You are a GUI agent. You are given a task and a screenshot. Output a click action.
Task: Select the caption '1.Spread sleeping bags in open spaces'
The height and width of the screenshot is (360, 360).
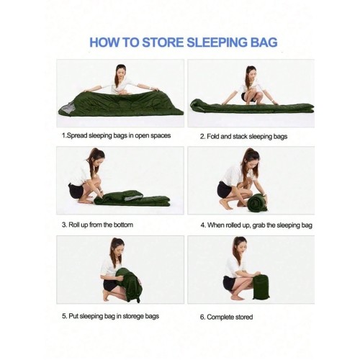tap(116, 135)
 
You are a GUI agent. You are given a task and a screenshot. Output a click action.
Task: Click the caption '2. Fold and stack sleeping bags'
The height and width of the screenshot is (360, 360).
tap(243, 135)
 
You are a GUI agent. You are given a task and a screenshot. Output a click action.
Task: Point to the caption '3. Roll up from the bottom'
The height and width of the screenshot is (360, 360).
tap(96, 225)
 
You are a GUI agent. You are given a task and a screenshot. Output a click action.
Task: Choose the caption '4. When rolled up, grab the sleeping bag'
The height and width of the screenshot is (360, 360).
tap(256, 225)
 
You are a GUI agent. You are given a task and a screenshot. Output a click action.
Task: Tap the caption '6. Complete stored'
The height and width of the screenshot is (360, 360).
tap(226, 316)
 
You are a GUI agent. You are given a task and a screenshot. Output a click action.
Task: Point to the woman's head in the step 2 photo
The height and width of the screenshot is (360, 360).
tap(250, 73)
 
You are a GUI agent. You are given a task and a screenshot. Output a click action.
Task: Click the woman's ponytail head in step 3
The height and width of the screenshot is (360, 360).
tap(94, 158)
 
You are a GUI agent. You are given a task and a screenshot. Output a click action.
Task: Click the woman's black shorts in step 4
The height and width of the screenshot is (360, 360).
tap(225, 190)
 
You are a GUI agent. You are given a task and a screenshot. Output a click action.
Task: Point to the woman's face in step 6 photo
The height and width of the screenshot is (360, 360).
tap(238, 248)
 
